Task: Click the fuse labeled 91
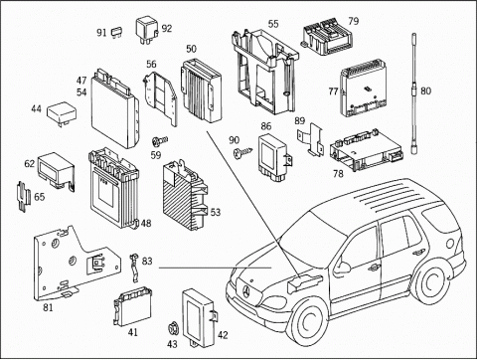coord(116,32)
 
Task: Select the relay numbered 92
coord(147,31)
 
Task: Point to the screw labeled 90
coord(242,152)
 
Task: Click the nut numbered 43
coord(172,329)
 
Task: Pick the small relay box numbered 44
coord(62,114)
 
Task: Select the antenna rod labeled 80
coord(414,93)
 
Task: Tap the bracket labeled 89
coord(310,139)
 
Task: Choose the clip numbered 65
coord(23,196)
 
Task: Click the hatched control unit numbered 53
coord(185,195)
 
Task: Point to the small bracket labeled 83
coord(134,268)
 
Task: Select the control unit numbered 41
coord(132,306)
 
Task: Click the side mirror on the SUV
coord(343,267)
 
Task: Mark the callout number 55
coord(273,24)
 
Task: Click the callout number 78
coord(338,173)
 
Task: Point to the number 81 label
coord(48,307)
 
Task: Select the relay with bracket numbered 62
coord(56,170)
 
